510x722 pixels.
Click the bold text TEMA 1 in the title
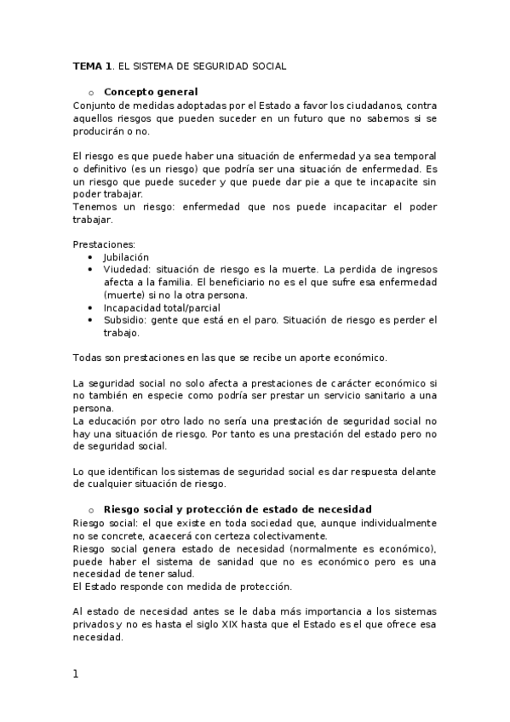pyautogui.click(x=92, y=66)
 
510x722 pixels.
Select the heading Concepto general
pyautogui.click(x=151, y=92)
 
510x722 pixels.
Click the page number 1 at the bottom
pyautogui.click(x=76, y=674)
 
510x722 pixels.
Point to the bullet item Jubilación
pyautogui.click(x=126, y=256)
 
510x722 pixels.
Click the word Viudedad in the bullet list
pyautogui.click(x=127, y=269)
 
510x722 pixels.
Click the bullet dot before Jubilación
pyautogui.click(x=92, y=256)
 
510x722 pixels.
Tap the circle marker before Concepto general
pyautogui.click(x=89, y=93)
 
